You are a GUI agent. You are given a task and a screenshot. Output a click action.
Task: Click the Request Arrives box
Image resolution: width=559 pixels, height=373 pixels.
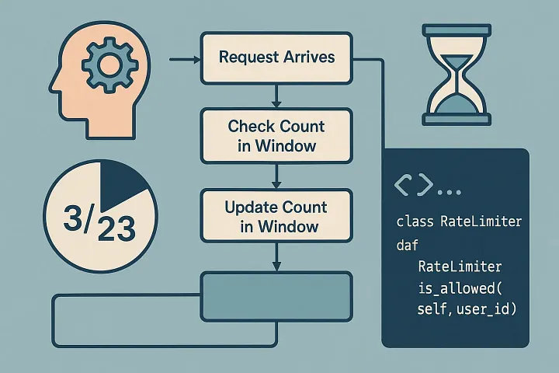click(x=276, y=58)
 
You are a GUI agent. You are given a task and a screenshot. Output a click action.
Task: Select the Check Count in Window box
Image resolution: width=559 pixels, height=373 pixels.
click(x=276, y=135)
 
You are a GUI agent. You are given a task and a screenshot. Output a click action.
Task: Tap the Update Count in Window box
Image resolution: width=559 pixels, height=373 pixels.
click(x=276, y=217)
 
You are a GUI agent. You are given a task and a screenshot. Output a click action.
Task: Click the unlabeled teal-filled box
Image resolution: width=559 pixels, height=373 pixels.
click(x=276, y=296)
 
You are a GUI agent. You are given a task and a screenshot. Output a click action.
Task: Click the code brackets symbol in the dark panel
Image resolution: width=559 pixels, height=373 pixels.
click(x=414, y=186)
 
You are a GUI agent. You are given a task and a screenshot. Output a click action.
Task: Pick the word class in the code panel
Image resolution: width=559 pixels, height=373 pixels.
click(x=415, y=221)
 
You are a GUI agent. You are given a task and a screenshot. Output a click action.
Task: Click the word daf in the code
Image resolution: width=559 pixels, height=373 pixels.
click(x=407, y=246)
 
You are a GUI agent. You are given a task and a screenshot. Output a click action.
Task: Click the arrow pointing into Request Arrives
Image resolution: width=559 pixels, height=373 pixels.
click(x=185, y=58)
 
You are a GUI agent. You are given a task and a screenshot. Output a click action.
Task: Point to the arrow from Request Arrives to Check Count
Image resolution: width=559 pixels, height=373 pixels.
click(x=276, y=96)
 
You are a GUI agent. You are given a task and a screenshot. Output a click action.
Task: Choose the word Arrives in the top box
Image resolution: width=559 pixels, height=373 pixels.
click(x=309, y=58)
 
